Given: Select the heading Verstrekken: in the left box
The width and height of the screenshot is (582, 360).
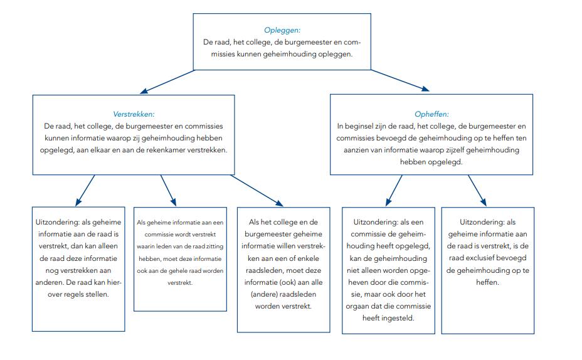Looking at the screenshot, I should [x=134, y=114].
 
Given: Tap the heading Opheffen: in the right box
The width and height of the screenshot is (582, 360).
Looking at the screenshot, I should [x=431, y=114].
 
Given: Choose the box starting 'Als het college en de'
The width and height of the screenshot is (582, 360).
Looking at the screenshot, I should [x=283, y=269].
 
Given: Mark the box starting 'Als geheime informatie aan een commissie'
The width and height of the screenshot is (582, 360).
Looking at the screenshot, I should [x=180, y=258].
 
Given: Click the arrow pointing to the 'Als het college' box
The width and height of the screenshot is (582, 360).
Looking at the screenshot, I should [x=257, y=189].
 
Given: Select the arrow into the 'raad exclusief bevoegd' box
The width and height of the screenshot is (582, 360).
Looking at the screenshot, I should [x=478, y=191].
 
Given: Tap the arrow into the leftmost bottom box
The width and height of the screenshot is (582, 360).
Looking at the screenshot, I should [x=85, y=190].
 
